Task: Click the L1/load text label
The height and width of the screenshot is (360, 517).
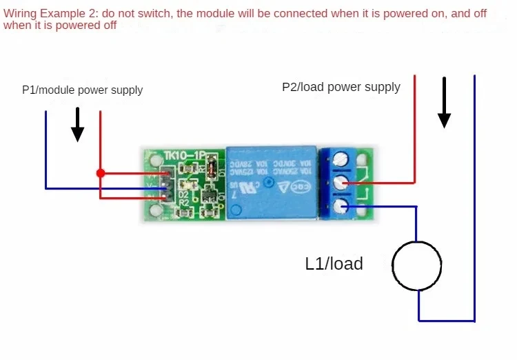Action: [334, 263]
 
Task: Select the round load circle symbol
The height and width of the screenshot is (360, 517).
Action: [416, 266]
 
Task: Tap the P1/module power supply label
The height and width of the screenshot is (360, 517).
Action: [82, 90]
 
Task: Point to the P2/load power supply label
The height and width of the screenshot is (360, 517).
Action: [341, 87]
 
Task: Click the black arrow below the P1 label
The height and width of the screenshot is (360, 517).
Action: [78, 124]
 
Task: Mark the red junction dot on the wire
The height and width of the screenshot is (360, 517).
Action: [101, 172]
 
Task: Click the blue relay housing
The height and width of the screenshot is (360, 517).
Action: [272, 182]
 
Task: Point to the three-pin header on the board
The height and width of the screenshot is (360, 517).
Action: [165, 186]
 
